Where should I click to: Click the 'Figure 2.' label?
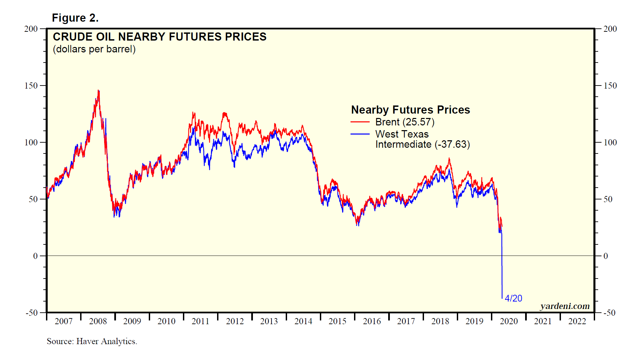coord(75,18)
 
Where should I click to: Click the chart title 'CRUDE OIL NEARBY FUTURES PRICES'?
coord(160,37)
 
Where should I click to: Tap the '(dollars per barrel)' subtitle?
coord(94,49)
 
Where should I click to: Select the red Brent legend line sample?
coord(360,122)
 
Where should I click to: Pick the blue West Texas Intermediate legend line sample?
coord(360,134)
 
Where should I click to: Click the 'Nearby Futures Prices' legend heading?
coord(410,110)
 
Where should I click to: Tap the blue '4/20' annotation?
coord(513,298)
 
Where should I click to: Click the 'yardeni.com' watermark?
coord(565,306)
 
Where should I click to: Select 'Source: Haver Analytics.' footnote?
coord(92,341)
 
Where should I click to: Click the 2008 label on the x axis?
coord(98,321)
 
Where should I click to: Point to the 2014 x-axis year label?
coord(303,321)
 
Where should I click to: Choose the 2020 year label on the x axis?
coord(509,321)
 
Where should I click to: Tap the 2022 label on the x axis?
coord(577,321)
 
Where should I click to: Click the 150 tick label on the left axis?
coord(31,86)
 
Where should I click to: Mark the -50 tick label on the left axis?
coord(31,313)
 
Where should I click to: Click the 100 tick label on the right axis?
coord(610,142)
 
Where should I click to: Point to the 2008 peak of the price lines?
coord(98,90)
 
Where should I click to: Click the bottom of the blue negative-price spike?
coord(502,298)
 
